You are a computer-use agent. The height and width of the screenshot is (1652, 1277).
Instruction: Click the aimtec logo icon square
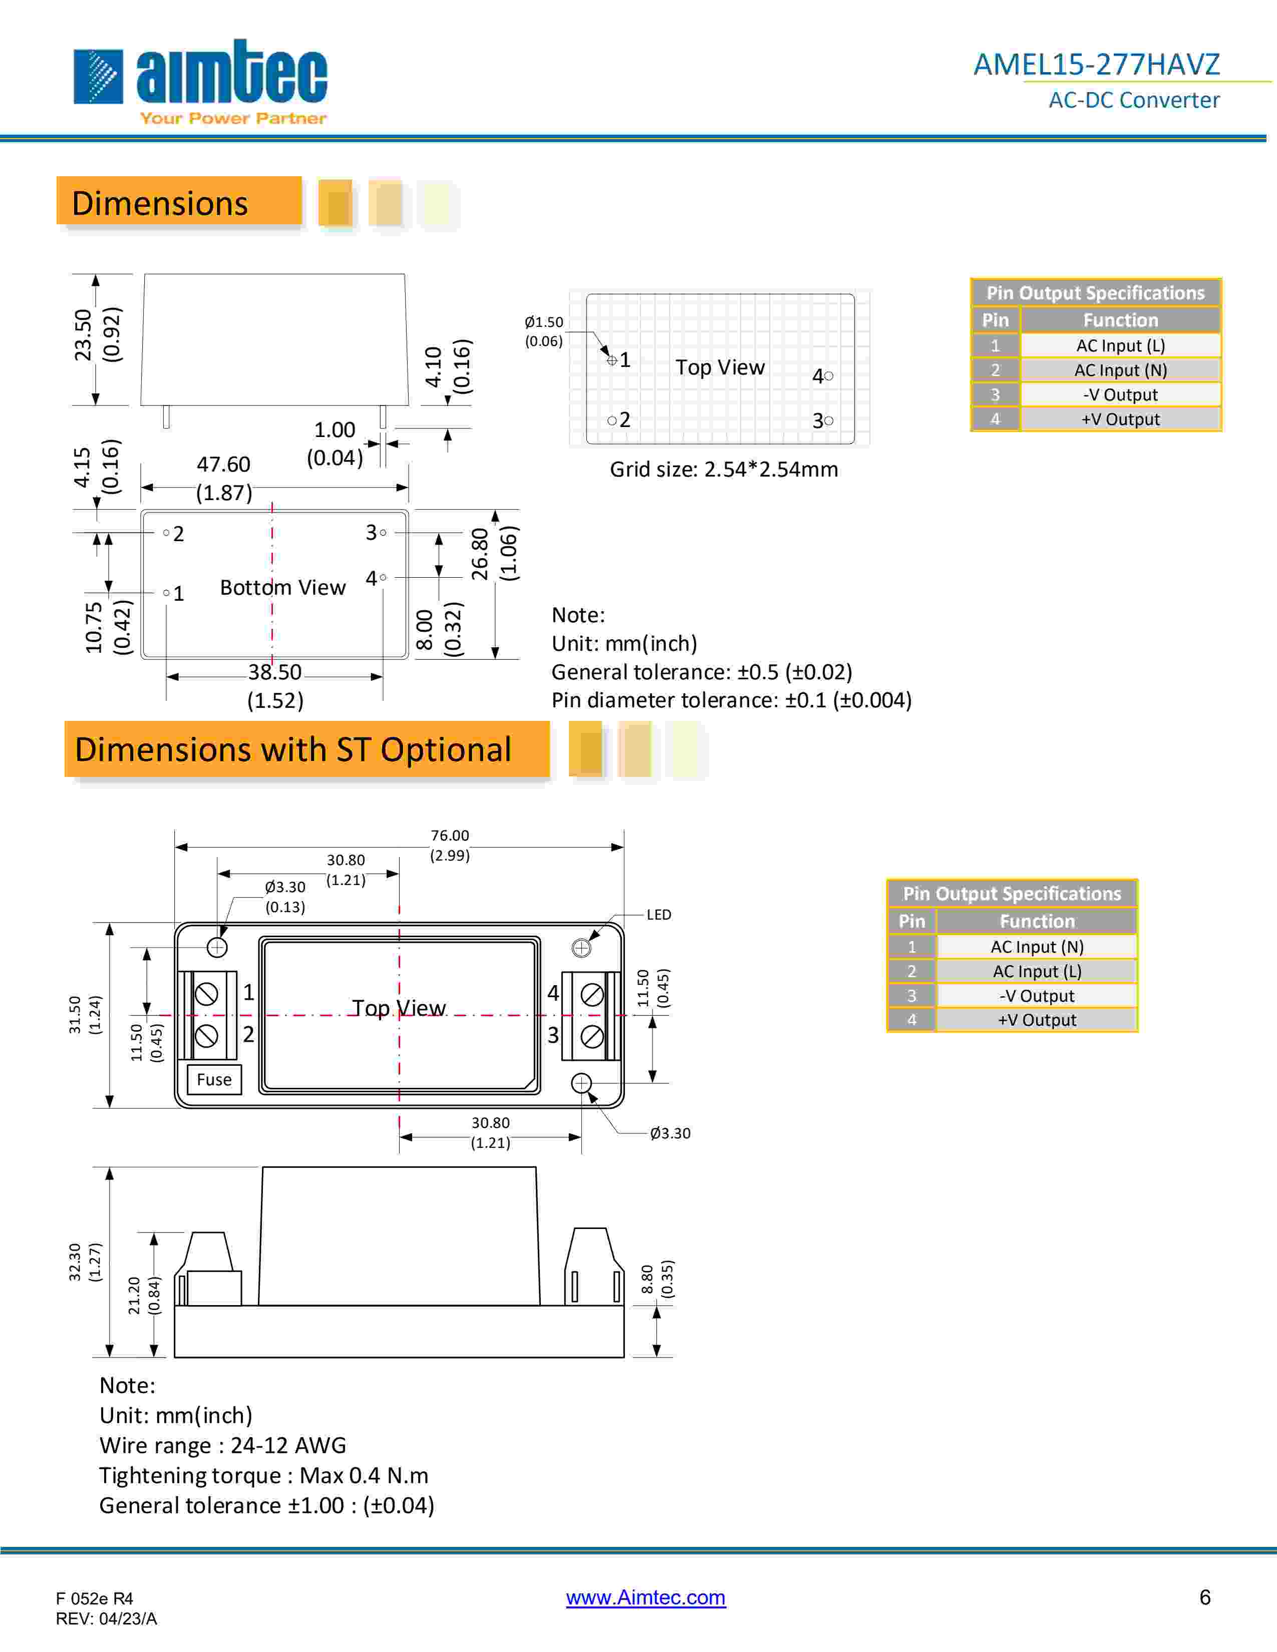point(98,77)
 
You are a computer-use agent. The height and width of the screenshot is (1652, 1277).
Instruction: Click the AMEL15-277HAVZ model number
point(1096,64)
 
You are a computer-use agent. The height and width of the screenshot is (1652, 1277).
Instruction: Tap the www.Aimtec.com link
point(646,1597)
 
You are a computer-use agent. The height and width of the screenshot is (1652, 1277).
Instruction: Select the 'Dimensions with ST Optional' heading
point(293,749)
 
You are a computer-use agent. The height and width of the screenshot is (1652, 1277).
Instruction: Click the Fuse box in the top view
point(214,1079)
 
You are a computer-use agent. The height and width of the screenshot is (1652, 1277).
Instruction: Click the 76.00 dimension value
point(450,835)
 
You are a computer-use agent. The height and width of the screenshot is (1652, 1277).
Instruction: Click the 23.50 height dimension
point(83,334)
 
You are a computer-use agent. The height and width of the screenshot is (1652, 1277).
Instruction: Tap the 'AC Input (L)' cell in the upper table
point(1120,346)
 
